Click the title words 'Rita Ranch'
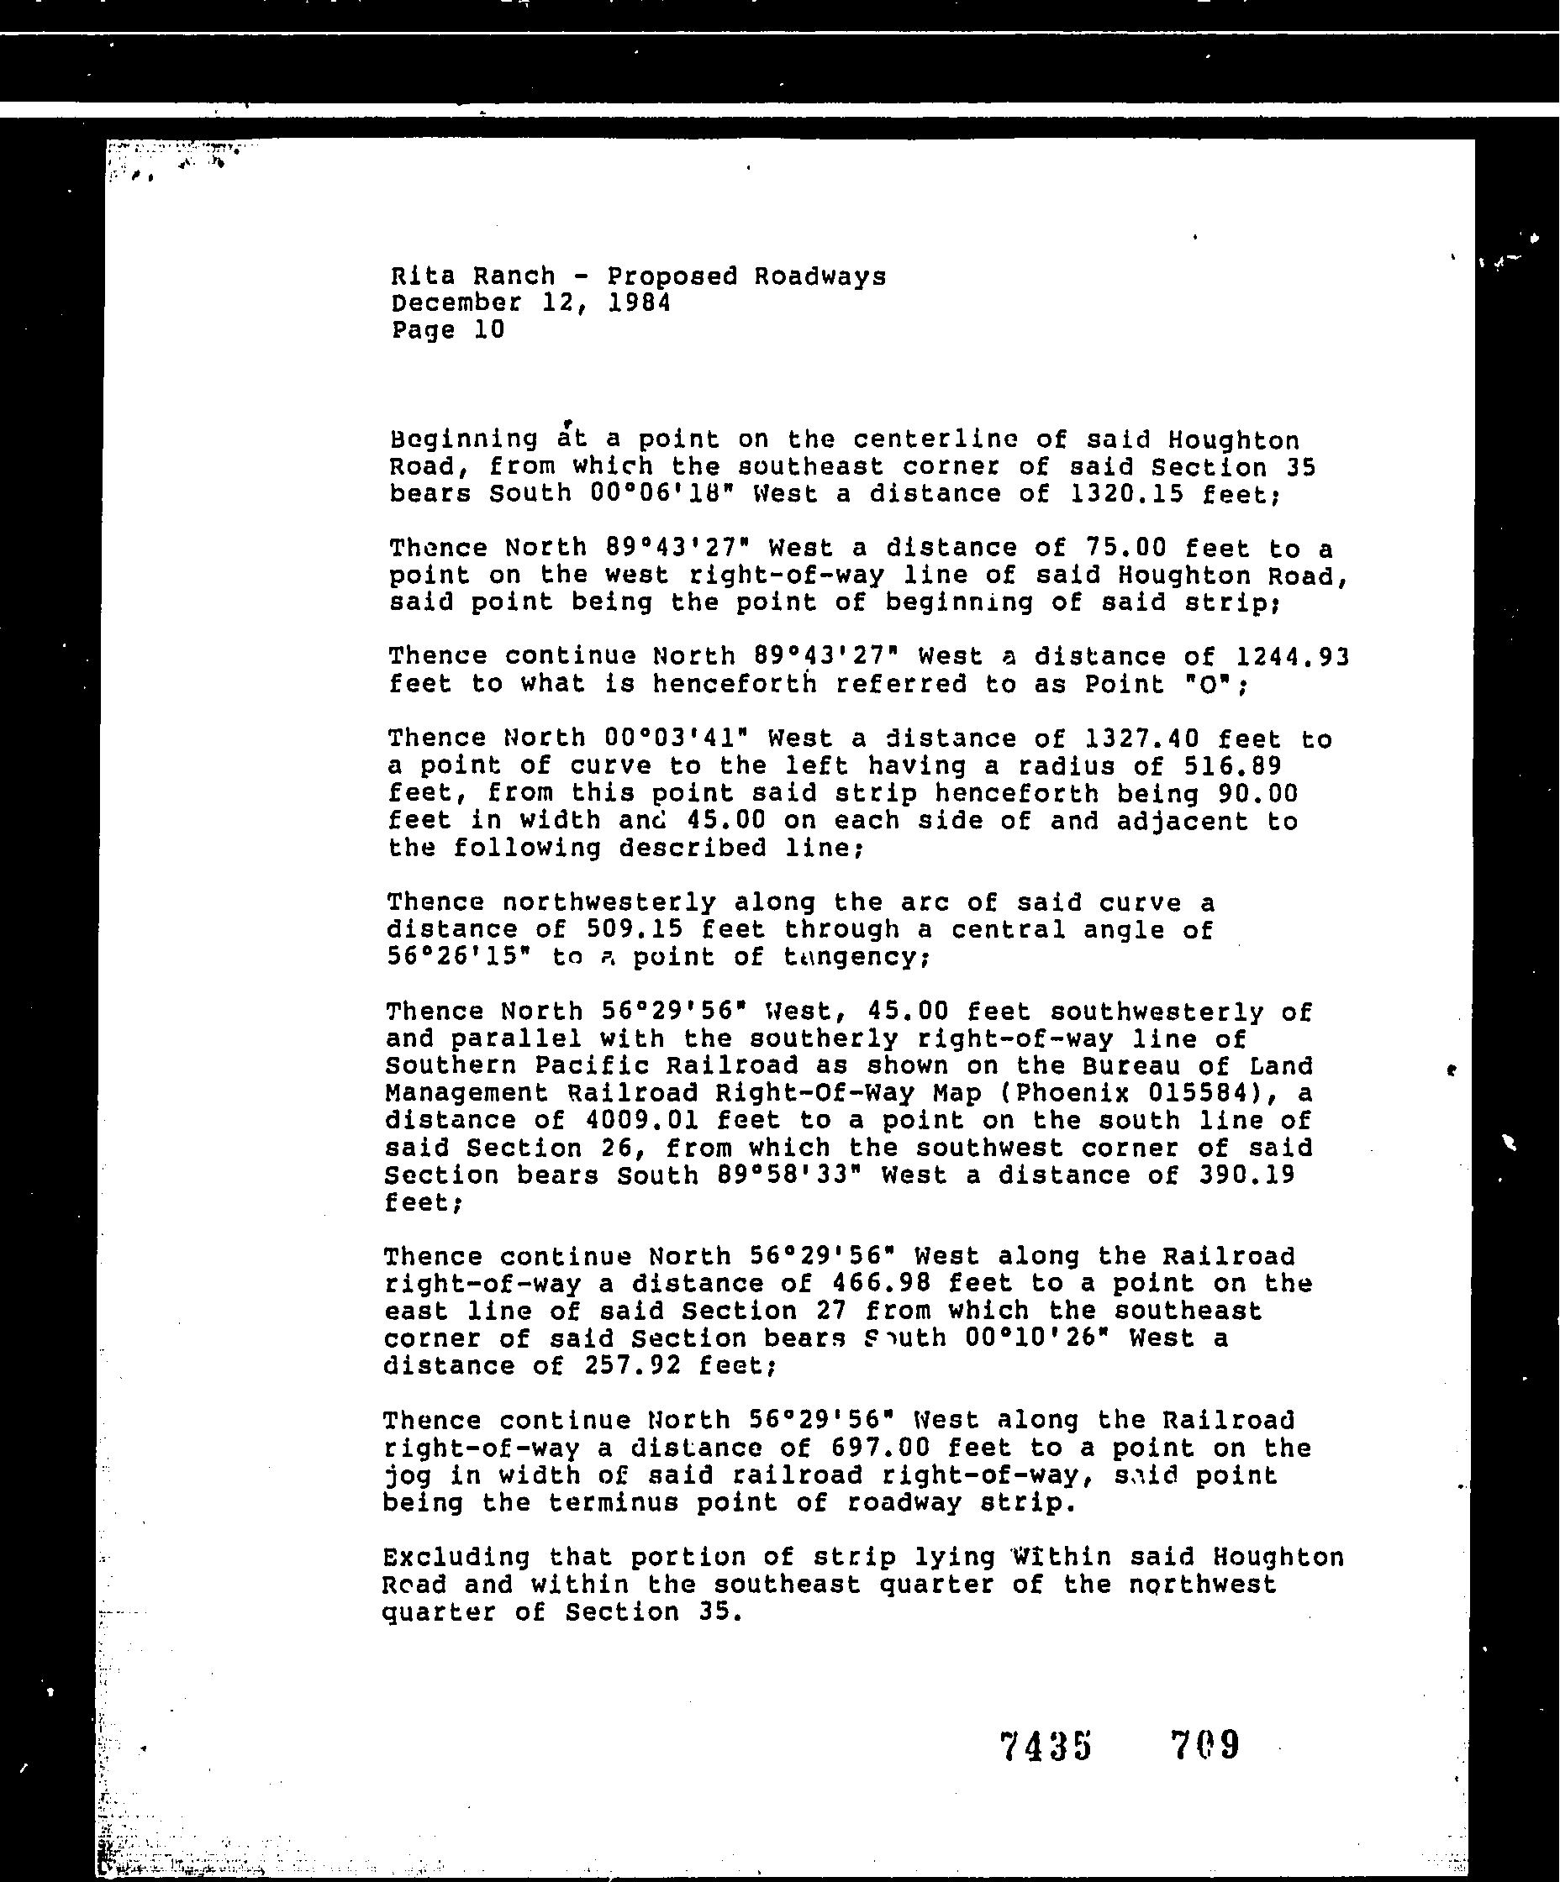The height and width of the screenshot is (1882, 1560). pyautogui.click(x=472, y=276)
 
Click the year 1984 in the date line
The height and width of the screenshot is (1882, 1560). pyautogui.click(x=638, y=303)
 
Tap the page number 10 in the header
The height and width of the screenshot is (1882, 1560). pyautogui.click(x=488, y=331)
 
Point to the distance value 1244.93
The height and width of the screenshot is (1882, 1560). pyautogui.click(x=1292, y=658)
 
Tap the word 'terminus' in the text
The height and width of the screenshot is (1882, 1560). pyautogui.click(x=613, y=1503)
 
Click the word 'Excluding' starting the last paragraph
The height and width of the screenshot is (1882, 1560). pyautogui.click(x=456, y=1559)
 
